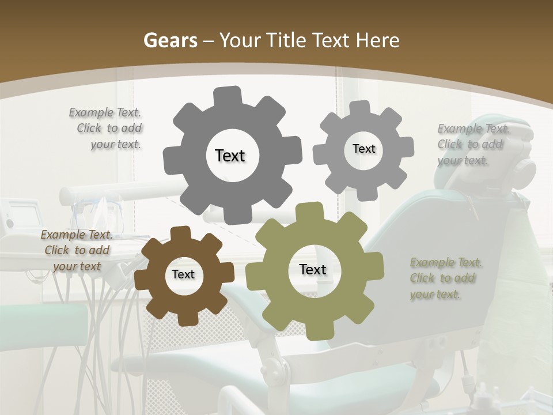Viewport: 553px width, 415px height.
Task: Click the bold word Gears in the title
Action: pyautogui.click(x=170, y=40)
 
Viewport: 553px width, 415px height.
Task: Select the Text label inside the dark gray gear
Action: pyautogui.click(x=230, y=156)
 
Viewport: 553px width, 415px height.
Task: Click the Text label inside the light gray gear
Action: pyautogui.click(x=363, y=149)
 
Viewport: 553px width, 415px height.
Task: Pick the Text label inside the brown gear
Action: pyautogui.click(x=183, y=274)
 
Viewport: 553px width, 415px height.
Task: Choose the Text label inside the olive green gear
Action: pyautogui.click(x=313, y=270)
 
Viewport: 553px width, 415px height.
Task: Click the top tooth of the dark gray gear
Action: pyautogui.click(x=227, y=96)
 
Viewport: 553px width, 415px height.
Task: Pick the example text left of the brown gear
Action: pyautogui.click(x=77, y=250)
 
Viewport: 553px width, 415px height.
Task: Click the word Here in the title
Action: pyautogui.click(x=378, y=40)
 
